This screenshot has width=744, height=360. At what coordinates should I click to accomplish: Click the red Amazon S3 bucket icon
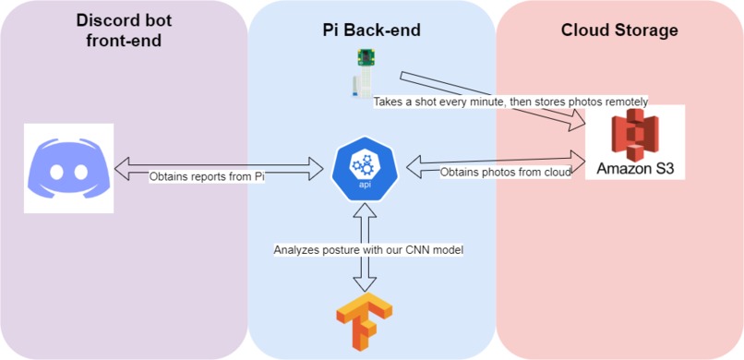pos(636,135)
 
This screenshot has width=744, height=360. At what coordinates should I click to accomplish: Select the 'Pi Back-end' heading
pos(365,30)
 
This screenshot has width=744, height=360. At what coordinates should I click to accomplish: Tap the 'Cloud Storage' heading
pos(619,30)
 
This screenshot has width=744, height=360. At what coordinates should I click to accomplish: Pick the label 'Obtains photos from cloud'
pos(506,172)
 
